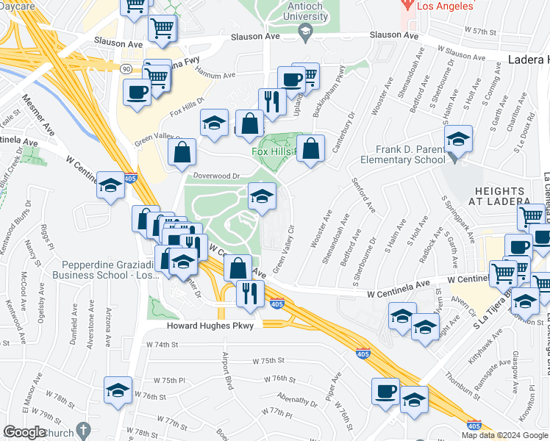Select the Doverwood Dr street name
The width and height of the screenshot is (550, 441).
216,176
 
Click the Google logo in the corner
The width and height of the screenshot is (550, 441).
24,432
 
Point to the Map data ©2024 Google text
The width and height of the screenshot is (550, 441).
504,435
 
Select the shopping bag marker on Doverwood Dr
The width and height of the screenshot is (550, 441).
182,153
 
